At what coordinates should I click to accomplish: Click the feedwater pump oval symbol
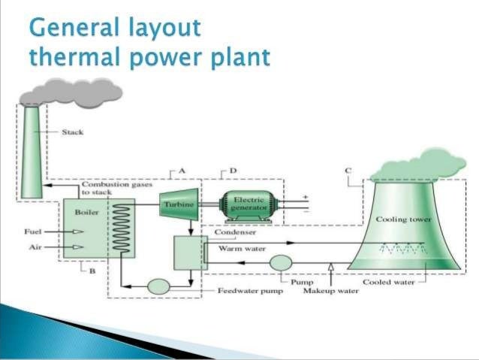coord(158,286)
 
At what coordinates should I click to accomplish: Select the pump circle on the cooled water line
coord(280,262)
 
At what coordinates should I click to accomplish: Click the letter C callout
coord(348,171)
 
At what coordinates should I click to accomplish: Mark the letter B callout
coord(92,271)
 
